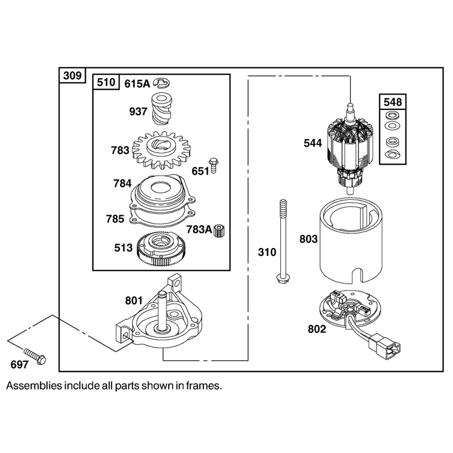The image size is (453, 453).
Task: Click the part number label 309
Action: tap(72, 76)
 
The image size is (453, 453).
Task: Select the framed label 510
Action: tap(106, 82)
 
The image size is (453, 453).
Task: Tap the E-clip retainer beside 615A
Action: tap(161, 83)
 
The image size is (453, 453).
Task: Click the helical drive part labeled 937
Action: tap(162, 109)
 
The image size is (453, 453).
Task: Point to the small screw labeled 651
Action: tap(213, 165)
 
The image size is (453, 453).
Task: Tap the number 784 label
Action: tap(122, 183)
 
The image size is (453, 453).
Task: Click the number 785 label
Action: tap(115, 219)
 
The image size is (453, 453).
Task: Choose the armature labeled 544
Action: tap(350, 149)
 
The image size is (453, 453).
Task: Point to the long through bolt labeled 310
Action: tap(282, 242)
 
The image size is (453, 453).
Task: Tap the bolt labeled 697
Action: tap(35, 357)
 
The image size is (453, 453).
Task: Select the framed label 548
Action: tap(392, 102)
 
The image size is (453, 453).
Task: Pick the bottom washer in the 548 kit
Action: tap(392, 154)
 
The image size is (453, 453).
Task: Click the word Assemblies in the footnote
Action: tap(34, 386)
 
